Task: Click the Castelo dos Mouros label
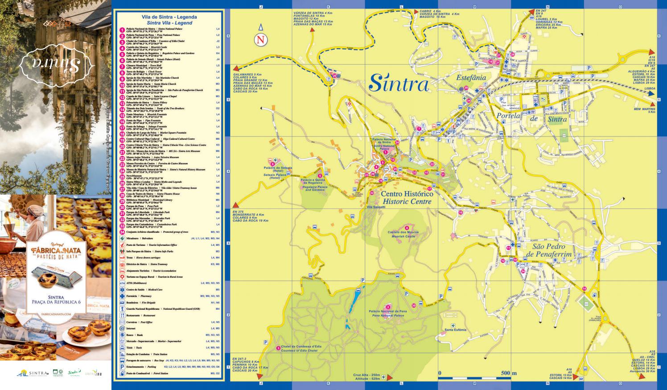coord(403,232)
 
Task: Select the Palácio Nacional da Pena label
coord(387,311)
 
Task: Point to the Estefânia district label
coord(471,77)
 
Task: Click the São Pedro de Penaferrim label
coord(548,250)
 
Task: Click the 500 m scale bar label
coord(508,373)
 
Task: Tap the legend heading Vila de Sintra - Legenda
coord(169,17)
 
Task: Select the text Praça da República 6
coord(56,302)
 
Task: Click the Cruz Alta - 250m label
coord(366,375)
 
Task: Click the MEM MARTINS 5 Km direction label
coord(644,110)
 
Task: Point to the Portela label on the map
coord(508,116)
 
